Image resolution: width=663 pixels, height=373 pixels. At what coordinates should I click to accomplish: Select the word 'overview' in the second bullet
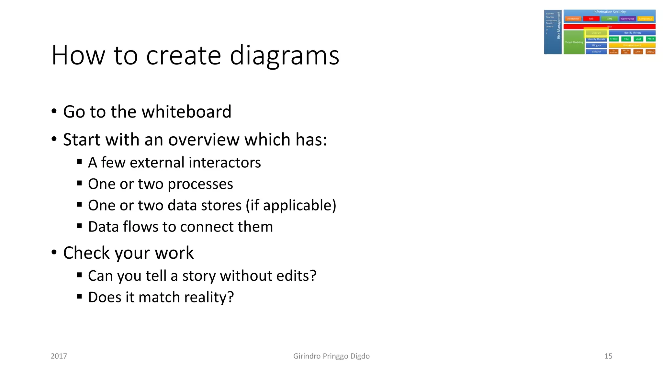tap(204, 140)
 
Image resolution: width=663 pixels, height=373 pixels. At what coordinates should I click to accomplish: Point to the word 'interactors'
tap(225, 163)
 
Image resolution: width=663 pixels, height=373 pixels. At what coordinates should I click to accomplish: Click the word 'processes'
tap(200, 184)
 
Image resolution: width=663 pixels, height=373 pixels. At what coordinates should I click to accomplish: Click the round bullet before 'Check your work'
tap(54, 252)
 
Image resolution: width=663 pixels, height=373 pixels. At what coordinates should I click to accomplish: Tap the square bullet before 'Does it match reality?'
tap(79, 296)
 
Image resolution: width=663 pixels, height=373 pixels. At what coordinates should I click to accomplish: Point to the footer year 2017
tap(59, 356)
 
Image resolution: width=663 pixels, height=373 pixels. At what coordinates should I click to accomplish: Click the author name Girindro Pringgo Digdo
tap(331, 356)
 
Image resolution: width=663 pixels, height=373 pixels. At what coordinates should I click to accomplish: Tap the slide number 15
tap(608, 356)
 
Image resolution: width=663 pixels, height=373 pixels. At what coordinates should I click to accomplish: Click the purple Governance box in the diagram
tap(627, 19)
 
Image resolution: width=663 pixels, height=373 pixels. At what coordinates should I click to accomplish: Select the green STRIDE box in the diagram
tap(614, 39)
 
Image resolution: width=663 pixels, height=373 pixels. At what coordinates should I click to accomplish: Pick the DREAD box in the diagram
tap(650, 51)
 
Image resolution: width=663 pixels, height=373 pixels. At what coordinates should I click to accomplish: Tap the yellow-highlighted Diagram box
tap(596, 33)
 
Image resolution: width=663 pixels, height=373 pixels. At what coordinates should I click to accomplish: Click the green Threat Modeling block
tap(574, 42)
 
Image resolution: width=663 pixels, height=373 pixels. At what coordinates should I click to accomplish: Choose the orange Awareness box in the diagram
tap(573, 19)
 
